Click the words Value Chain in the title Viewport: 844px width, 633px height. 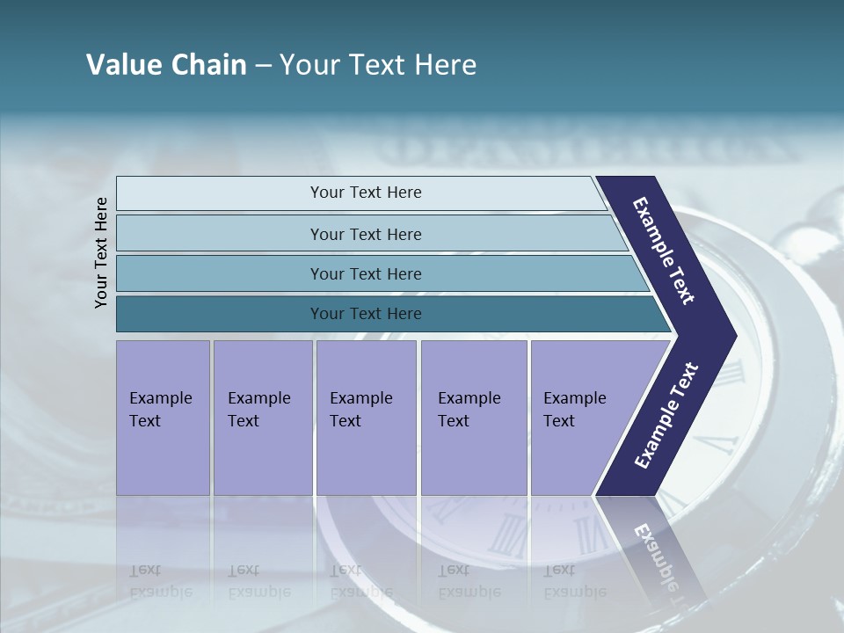coord(166,65)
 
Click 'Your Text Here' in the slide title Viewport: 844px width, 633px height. coord(378,65)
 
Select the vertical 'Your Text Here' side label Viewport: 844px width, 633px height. coord(101,253)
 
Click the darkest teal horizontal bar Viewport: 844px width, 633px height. coord(220,314)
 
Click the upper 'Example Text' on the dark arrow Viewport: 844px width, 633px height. coord(664,251)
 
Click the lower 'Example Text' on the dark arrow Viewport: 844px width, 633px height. coord(666,416)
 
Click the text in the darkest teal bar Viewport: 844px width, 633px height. coord(366,314)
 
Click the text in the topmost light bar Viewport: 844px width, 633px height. coord(366,193)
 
